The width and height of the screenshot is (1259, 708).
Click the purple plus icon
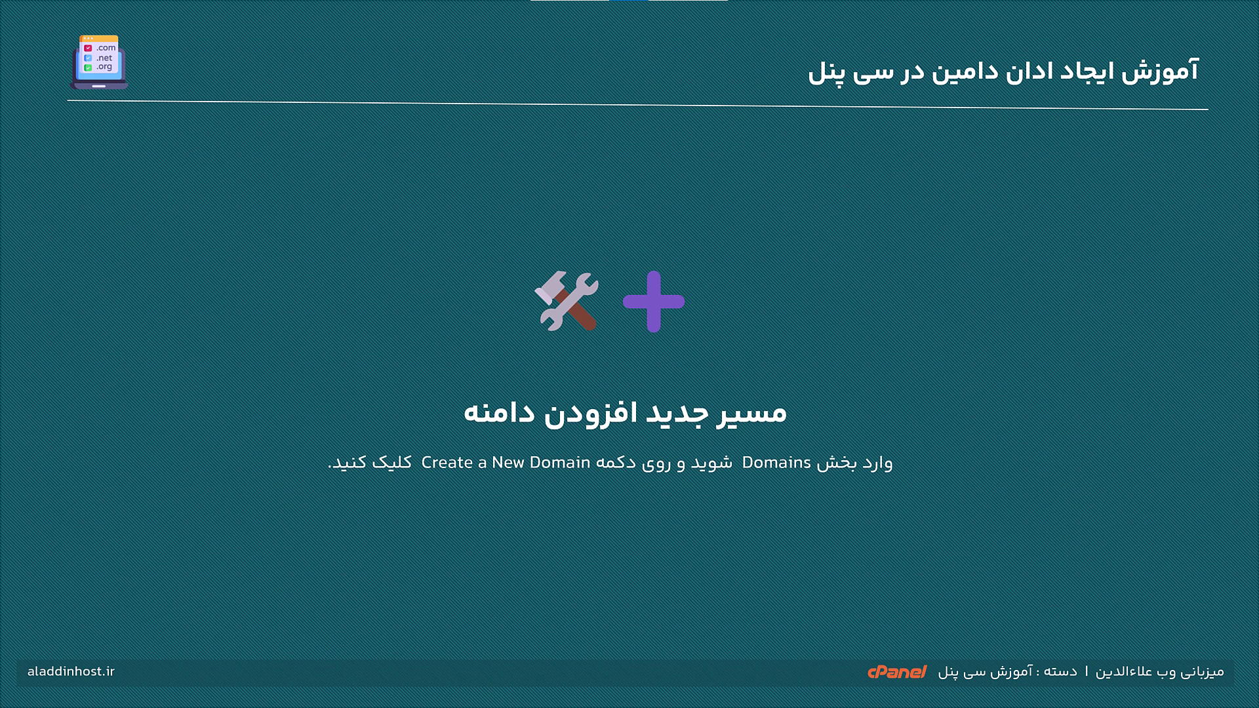(x=654, y=302)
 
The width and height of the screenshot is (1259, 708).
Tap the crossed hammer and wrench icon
(x=567, y=301)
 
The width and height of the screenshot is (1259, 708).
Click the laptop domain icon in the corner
(x=99, y=62)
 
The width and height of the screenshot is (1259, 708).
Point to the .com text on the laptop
(x=106, y=48)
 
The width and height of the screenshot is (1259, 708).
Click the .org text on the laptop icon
(x=104, y=67)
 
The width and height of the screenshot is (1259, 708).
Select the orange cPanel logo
(x=896, y=672)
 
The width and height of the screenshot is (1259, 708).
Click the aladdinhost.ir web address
(x=71, y=672)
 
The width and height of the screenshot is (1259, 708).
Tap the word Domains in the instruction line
(x=776, y=463)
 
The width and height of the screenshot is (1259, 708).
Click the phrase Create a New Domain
(x=506, y=463)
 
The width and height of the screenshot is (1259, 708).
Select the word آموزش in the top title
(x=1160, y=71)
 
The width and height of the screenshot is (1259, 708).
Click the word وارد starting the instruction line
(x=878, y=463)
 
